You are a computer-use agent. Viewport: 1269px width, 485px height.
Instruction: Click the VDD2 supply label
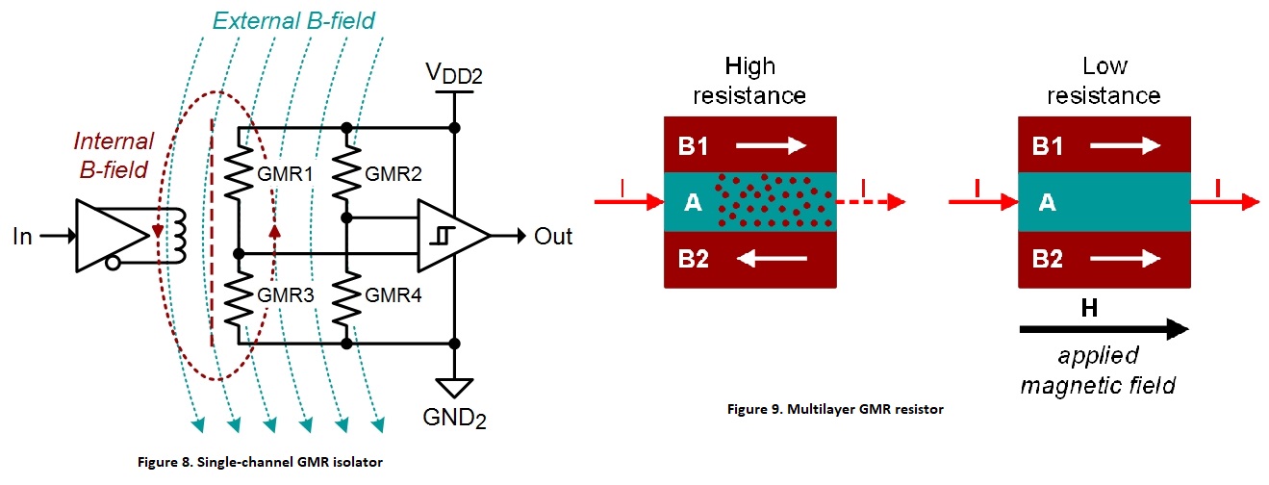(x=454, y=75)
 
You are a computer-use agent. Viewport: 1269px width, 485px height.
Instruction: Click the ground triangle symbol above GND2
(x=453, y=387)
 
